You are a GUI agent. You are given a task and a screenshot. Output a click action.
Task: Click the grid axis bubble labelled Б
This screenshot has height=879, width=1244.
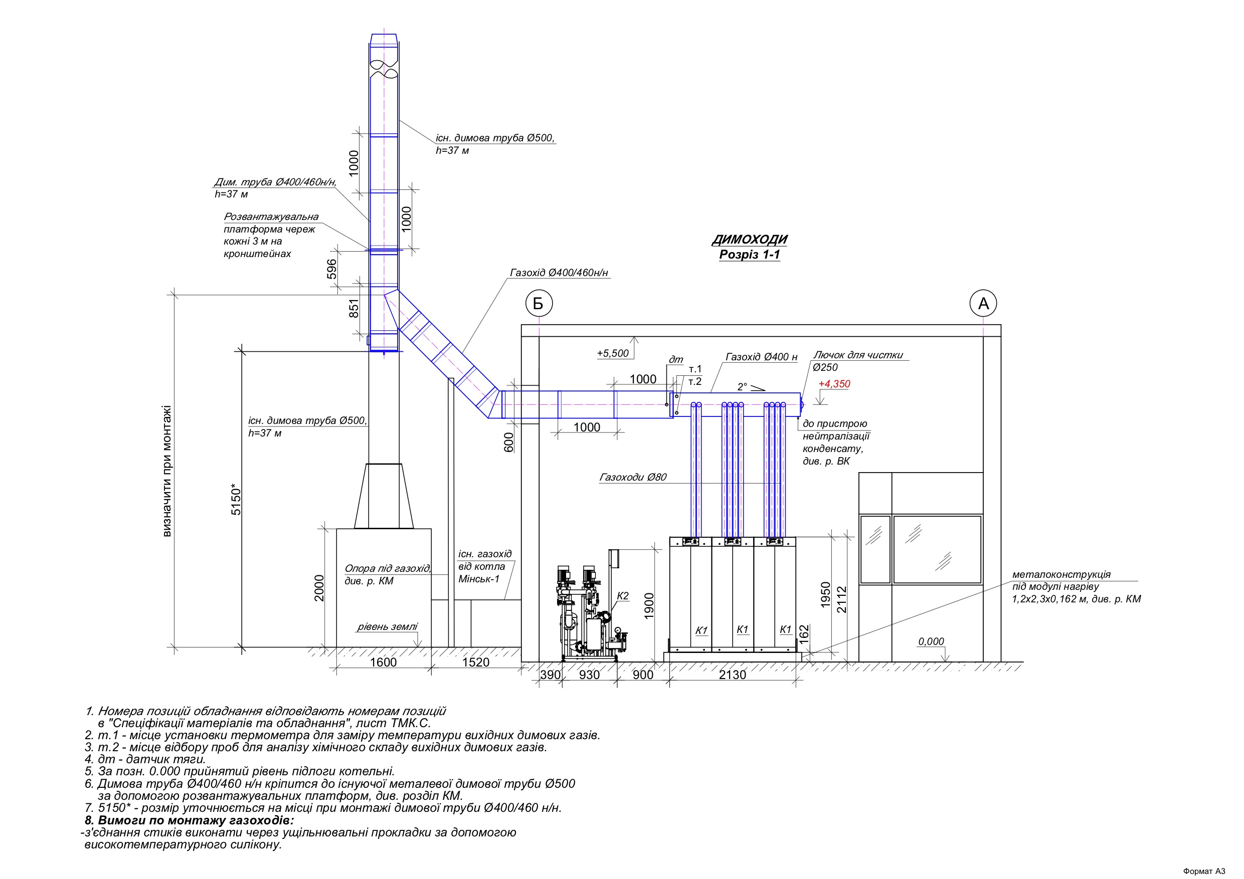[539, 303]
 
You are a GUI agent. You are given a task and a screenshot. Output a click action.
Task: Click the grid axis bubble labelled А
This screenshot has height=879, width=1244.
[983, 303]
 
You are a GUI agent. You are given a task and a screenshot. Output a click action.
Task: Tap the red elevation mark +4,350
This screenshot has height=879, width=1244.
[834, 384]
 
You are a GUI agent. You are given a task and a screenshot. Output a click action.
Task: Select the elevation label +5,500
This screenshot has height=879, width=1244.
[613, 354]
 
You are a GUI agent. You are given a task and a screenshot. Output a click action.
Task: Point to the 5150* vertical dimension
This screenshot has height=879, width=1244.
[236, 499]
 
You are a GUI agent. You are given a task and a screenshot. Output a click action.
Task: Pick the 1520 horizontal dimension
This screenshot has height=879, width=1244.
[476, 663]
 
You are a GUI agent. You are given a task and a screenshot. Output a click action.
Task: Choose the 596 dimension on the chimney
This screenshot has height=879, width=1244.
[331, 269]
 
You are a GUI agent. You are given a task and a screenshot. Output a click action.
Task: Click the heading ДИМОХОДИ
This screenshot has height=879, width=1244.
[749, 240]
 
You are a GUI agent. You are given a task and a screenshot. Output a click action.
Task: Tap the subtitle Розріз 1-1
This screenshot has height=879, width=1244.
[749, 255]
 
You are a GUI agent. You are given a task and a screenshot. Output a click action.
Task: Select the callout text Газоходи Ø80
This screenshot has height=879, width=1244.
[633, 477]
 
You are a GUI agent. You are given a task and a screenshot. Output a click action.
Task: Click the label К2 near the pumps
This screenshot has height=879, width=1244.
[623, 596]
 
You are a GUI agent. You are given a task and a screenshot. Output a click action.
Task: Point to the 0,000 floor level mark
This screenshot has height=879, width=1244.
[931, 642]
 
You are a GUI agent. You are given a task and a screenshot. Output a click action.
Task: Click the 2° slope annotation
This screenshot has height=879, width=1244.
[742, 387]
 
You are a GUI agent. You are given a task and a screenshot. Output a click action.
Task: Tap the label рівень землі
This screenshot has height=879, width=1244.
[388, 627]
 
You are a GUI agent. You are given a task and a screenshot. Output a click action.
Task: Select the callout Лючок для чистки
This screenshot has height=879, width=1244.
[858, 355]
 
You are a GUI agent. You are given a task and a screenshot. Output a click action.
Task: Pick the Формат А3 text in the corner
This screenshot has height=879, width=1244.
[1204, 871]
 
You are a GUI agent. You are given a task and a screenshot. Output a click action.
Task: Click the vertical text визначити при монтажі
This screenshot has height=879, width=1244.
[167, 471]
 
